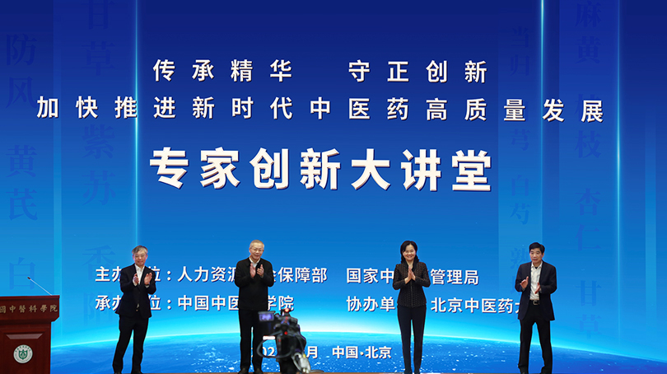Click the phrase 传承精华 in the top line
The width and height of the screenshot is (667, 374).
point(222,72)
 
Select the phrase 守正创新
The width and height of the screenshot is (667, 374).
point(417,72)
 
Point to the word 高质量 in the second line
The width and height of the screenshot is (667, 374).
point(476,110)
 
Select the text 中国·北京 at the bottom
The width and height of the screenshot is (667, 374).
point(361,352)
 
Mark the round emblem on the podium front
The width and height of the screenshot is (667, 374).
point(22,353)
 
